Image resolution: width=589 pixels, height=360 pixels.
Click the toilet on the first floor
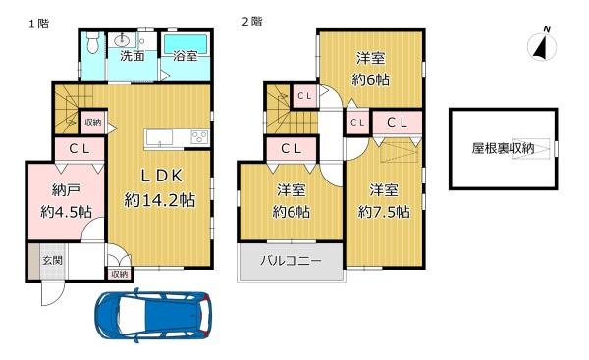tap(92, 43)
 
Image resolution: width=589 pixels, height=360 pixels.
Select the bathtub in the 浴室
tap(186, 45)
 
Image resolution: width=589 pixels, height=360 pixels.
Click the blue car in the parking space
tap(152, 315)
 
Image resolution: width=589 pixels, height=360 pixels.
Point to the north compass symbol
tap(542, 45)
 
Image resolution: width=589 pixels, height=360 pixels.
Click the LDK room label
tap(162, 176)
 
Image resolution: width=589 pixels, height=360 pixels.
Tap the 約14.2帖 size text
tap(160, 200)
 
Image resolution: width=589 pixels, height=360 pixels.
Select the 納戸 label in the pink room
tap(66, 190)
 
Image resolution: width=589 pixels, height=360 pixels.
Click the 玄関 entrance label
tap(52, 260)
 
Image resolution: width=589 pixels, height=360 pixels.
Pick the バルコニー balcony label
tap(292, 260)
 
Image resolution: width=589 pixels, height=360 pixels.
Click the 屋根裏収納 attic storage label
tap(503, 148)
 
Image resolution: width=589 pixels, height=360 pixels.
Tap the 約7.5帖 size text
tap(384, 212)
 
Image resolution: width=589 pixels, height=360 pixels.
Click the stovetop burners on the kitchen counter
tap(200, 137)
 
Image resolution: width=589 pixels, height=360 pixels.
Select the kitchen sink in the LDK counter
tap(160, 137)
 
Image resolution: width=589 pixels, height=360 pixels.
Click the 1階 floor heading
tap(38, 24)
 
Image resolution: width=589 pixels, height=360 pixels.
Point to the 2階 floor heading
tap(252, 21)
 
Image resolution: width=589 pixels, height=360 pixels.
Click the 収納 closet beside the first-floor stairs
tap(93, 122)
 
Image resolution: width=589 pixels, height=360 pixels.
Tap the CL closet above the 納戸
tap(80, 149)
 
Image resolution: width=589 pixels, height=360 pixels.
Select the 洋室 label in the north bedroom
tap(371, 58)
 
